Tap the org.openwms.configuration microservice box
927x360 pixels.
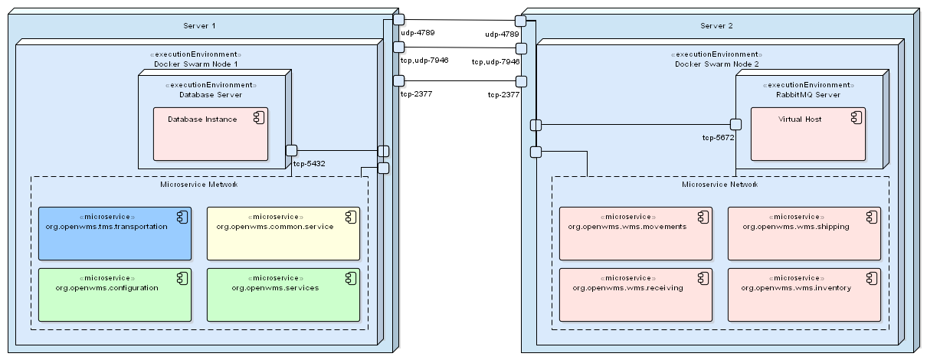(x=114, y=294)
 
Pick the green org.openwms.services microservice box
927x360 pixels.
(x=283, y=294)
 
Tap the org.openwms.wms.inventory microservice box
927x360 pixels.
(x=804, y=294)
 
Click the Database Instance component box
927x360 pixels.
(x=210, y=134)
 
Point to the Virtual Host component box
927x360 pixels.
(x=807, y=134)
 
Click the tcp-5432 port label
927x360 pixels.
(x=310, y=163)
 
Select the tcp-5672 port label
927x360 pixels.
(x=719, y=138)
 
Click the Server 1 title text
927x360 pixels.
(x=199, y=26)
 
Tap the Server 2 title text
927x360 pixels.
(x=716, y=26)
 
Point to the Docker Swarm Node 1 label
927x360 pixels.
(x=196, y=64)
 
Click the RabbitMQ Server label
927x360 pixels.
(x=808, y=95)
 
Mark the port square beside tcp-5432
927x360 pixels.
(x=292, y=150)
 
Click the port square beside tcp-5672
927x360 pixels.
(x=735, y=124)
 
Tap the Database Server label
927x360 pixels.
(x=211, y=95)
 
